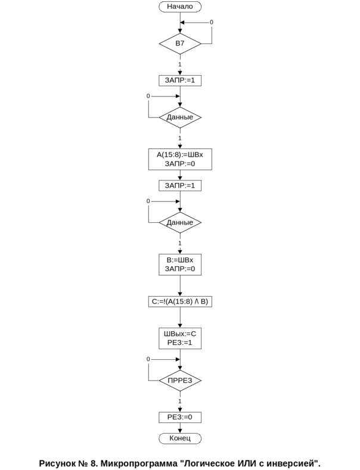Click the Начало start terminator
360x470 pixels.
pyautogui.click(x=180, y=7)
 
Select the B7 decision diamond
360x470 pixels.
pyautogui.click(x=180, y=44)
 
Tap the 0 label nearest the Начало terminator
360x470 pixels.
pyautogui.click(x=211, y=23)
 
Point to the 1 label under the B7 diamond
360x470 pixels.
pyautogui.click(x=180, y=64)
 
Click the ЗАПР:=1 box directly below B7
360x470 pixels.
pyautogui.click(x=180, y=80)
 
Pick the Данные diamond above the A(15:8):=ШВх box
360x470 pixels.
pyautogui.click(x=180, y=117)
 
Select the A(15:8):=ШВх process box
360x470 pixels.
pyautogui.click(x=180, y=159)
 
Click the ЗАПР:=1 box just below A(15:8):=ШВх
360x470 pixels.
pyautogui.click(x=180, y=186)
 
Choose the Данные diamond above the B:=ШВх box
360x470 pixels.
pyautogui.click(x=180, y=223)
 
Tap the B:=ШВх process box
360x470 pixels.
pyautogui.click(x=180, y=265)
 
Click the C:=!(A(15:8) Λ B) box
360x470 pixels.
pyautogui.click(x=180, y=302)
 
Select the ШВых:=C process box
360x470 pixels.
pyautogui.click(x=180, y=338)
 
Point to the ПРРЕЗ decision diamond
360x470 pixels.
pyautogui.click(x=180, y=380)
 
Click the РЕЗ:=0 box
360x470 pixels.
pyautogui.click(x=180, y=417)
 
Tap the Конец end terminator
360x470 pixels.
pyautogui.click(x=180, y=438)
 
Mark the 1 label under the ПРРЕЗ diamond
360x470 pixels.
pyautogui.click(x=180, y=401)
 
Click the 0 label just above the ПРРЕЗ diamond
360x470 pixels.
pyautogui.click(x=148, y=359)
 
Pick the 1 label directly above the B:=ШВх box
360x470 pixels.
pyautogui.click(x=180, y=244)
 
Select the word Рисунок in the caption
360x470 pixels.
pyautogui.click(x=58, y=463)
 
